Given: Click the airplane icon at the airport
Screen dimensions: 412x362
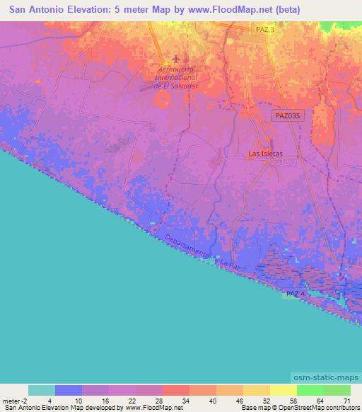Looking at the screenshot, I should (175, 60).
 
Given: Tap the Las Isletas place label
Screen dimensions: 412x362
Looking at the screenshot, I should (265, 153).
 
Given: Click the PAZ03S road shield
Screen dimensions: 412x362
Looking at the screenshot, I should (288, 114).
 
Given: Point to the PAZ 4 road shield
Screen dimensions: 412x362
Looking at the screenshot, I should (297, 293).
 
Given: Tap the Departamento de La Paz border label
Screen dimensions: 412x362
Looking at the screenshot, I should (197, 252).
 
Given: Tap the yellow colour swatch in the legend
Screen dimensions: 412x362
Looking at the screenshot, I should (283, 390).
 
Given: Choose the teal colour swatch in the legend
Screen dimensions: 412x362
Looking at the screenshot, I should (42, 390).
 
